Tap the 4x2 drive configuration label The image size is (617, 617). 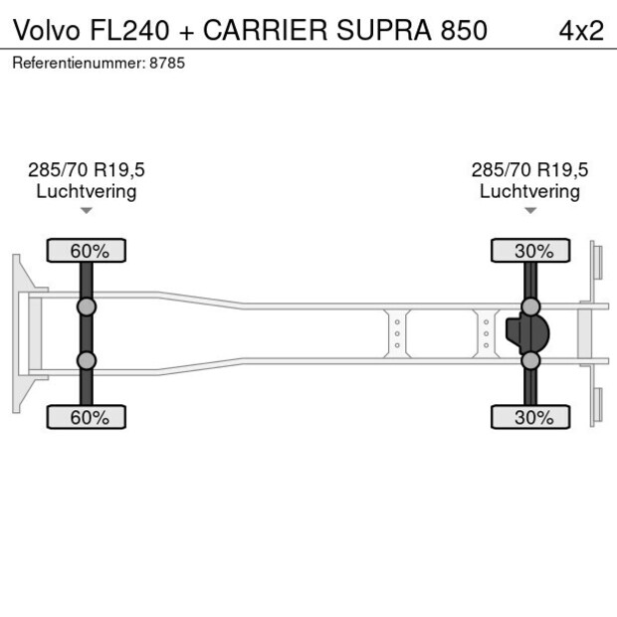[581, 30]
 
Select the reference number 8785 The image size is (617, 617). [168, 63]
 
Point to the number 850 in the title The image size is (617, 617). [464, 30]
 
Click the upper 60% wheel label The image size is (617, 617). [88, 251]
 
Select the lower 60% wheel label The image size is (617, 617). [88, 417]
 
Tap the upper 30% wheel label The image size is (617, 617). [531, 251]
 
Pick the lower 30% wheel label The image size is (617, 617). [531, 417]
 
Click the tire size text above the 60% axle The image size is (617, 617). [87, 170]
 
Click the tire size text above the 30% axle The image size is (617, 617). [529, 170]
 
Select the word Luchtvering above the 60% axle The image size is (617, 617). [87, 191]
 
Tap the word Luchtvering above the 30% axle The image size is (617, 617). [529, 191]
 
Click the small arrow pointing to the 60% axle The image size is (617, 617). [87, 210]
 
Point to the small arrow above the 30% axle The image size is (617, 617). [529, 210]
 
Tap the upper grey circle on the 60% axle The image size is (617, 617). [87, 306]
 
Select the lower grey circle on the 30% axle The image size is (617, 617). [531, 360]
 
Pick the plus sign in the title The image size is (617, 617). [187, 31]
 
